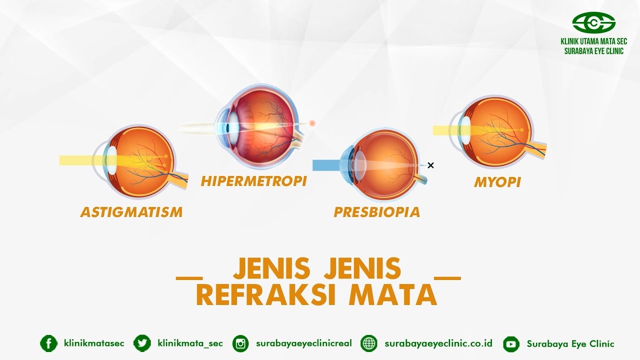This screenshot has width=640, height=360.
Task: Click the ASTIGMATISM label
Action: (131, 212)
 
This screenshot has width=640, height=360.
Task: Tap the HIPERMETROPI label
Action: (253, 181)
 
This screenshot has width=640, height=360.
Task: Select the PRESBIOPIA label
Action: (377, 212)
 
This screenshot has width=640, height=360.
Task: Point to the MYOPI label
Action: (497, 182)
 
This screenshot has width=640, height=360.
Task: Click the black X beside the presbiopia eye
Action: (430, 165)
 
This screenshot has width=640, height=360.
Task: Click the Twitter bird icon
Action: (142, 343)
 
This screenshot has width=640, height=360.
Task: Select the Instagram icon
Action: (241, 343)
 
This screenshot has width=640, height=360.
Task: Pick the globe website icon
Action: (369, 343)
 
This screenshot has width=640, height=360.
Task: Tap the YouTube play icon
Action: (511, 343)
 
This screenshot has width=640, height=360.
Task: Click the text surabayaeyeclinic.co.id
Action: (438, 343)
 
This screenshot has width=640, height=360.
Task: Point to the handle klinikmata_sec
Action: (190, 343)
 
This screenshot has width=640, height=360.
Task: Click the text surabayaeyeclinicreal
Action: (303, 343)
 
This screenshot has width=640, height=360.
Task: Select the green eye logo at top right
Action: (593, 22)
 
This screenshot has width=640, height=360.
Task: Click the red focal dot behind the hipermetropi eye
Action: (312, 123)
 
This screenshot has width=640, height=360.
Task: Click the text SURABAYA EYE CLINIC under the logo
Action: (593, 51)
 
